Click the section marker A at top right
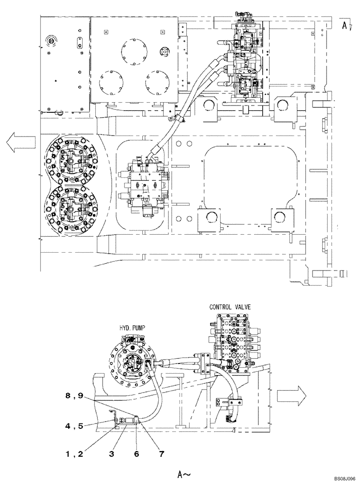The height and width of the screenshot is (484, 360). coord(344,24)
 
